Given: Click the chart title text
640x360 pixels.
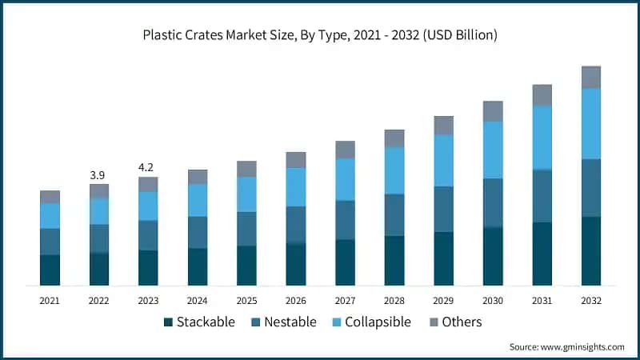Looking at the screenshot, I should coord(320,35).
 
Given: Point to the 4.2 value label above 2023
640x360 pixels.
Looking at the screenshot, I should coord(148,168).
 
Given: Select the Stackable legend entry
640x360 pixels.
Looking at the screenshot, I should coord(199,322).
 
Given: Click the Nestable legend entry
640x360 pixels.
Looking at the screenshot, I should coord(284,322).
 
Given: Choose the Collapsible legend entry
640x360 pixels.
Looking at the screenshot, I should coord(371,322).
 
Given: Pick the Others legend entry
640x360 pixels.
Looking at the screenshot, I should coord(454,322).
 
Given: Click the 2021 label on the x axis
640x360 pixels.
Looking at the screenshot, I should coord(50,300).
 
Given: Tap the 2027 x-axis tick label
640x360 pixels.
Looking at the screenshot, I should coord(345,300).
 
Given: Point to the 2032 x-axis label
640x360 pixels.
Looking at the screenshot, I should coord(590,300).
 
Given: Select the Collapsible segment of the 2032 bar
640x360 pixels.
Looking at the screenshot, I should coord(590,123).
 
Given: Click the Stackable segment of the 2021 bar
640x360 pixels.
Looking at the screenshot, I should coord(50,270).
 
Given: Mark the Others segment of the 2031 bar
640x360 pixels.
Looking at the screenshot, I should coord(542,95).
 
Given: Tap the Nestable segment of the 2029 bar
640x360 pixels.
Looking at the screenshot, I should coord(443,209).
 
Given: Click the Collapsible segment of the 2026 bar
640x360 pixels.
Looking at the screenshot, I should coord(296,186).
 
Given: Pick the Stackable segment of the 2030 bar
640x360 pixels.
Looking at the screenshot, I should coord(493,256).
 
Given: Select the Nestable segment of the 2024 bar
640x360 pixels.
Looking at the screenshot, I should coord(198,232).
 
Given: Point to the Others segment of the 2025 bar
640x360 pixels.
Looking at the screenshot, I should coord(246,168).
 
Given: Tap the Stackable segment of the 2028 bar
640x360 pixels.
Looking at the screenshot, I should coord(394,260).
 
